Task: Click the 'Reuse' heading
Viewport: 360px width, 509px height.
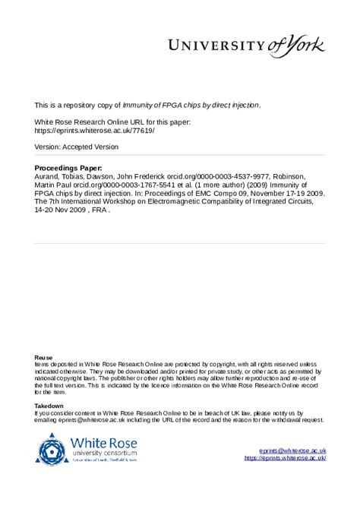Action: (x=43, y=357)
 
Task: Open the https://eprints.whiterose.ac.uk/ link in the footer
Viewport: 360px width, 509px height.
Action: (x=285, y=458)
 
